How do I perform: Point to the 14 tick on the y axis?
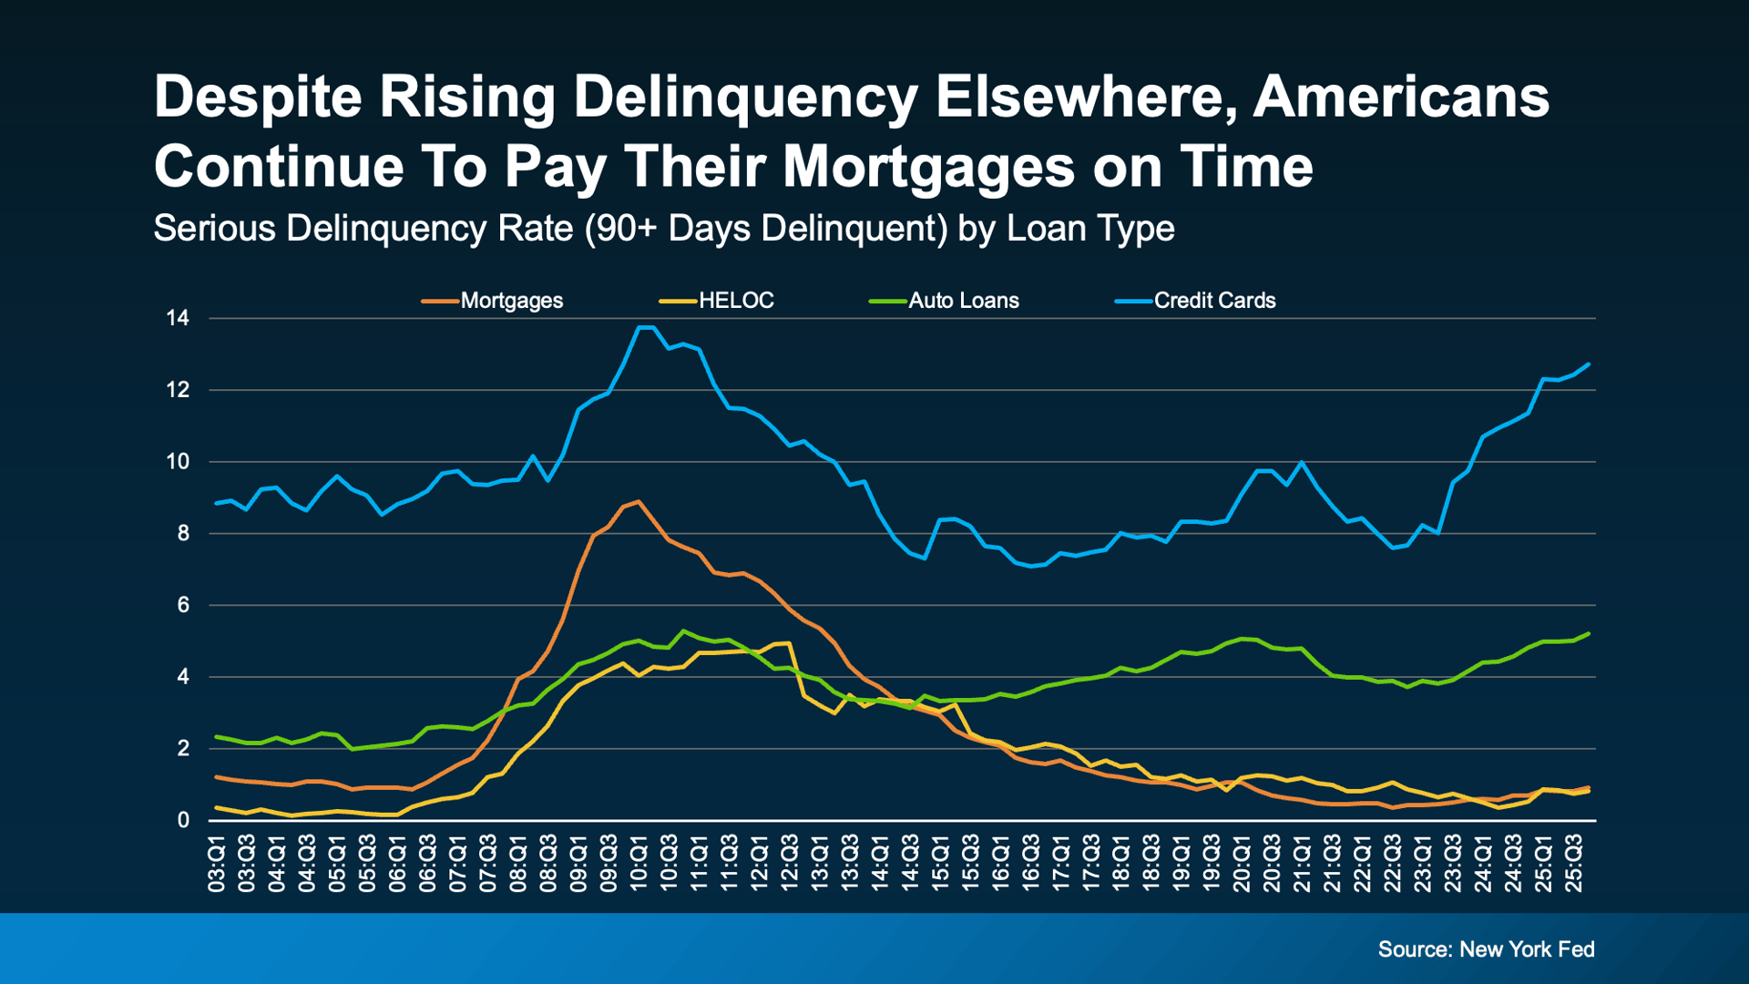tap(178, 318)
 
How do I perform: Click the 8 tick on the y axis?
tap(183, 534)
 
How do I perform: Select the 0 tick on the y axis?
tap(183, 820)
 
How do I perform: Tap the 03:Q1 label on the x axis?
tap(216, 864)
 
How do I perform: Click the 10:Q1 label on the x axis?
tap(639, 864)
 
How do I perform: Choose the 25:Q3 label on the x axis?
tap(1573, 864)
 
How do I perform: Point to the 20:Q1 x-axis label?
tap(1242, 864)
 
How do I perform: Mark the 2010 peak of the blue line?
tap(645, 326)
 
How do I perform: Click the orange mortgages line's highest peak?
tap(639, 501)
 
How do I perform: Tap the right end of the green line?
tap(1589, 633)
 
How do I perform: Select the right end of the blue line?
tap(1589, 364)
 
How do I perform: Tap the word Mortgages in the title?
tap(928, 167)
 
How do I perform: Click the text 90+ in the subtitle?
tap(627, 228)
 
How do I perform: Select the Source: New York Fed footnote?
tap(1486, 949)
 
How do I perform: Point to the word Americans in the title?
tap(1401, 97)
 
